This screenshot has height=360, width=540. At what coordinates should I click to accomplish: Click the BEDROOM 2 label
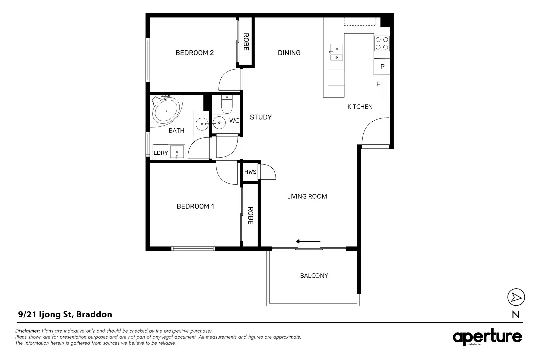click(194, 53)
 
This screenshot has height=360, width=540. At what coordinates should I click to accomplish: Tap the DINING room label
click(289, 53)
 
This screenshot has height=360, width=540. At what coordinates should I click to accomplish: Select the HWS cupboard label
click(250, 172)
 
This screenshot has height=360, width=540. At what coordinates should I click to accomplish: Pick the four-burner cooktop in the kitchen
click(382, 43)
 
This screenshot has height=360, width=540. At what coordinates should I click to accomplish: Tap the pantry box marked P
click(382, 67)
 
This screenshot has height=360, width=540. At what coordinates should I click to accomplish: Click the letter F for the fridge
click(378, 84)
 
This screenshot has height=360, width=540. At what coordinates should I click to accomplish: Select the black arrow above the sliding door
click(308, 241)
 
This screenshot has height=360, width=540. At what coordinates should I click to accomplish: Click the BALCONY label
click(314, 276)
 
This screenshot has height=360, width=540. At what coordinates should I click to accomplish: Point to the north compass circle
click(516, 297)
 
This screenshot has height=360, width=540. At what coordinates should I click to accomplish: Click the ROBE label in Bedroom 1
click(251, 216)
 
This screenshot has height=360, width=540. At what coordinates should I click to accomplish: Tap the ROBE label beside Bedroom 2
click(246, 42)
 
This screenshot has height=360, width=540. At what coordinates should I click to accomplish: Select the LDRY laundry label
click(160, 153)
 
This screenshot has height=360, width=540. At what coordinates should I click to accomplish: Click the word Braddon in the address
click(94, 314)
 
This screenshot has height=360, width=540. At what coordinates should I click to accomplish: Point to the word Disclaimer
click(28, 331)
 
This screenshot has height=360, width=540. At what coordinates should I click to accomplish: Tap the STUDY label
click(261, 117)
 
